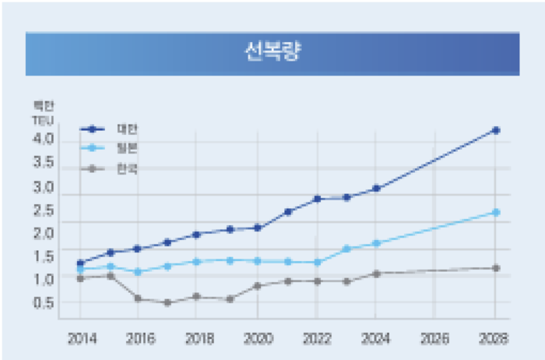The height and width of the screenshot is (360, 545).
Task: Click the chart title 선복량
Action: (272, 53)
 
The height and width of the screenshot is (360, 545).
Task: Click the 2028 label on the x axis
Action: (494, 339)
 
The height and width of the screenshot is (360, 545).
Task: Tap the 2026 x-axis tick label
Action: (434, 339)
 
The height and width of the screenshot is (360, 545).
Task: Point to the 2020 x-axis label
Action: (258, 339)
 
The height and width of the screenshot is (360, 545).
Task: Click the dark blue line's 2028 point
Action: (495, 130)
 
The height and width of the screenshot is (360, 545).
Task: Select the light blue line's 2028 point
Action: (495, 212)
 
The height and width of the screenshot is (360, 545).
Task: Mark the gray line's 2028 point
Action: (495, 268)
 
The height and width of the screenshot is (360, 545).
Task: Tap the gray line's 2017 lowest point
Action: (167, 302)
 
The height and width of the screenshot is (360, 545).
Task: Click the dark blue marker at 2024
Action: (376, 189)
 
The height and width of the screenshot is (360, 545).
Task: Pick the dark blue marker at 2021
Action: (287, 211)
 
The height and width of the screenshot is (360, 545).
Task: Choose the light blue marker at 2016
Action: (138, 272)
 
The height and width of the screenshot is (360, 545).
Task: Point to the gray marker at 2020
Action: (258, 286)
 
